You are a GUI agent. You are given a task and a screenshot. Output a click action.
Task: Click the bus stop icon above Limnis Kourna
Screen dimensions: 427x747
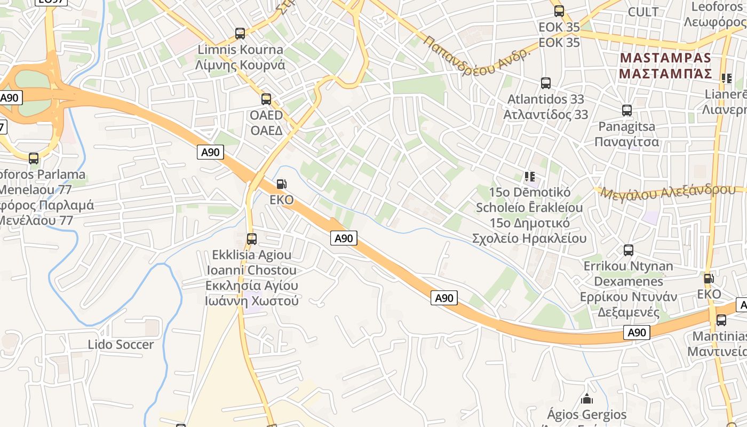click(x=240, y=34)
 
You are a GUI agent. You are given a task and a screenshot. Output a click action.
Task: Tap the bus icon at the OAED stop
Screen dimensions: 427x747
click(x=266, y=99)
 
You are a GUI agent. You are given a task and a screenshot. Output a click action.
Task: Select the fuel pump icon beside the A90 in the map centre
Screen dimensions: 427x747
click(x=281, y=185)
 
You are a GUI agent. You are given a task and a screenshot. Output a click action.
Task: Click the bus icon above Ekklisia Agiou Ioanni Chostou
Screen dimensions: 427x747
click(x=252, y=239)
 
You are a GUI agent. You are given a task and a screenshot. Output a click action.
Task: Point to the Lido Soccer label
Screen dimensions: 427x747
click(x=121, y=345)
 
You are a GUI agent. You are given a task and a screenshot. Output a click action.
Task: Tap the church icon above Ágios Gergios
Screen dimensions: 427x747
click(x=587, y=398)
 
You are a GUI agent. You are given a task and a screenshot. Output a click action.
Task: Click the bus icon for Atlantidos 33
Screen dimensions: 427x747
click(x=546, y=83)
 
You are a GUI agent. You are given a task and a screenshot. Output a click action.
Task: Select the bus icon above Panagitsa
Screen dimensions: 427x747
click(x=627, y=110)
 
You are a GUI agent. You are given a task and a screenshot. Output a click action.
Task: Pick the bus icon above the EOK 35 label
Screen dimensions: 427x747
click(x=559, y=11)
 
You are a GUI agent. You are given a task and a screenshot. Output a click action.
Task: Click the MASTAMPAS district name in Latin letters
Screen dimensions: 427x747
click(x=665, y=58)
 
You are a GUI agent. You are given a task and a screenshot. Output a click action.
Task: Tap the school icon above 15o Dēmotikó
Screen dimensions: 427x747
click(x=530, y=176)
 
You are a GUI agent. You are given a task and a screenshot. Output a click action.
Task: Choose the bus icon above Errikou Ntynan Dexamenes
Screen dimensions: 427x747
click(x=629, y=250)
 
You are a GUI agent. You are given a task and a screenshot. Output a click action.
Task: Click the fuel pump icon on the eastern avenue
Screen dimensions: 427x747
click(x=709, y=278)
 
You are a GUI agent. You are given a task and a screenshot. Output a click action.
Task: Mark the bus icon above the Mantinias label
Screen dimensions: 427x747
click(x=721, y=320)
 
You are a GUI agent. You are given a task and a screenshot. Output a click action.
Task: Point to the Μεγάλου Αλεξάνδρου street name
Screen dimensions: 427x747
click(x=667, y=192)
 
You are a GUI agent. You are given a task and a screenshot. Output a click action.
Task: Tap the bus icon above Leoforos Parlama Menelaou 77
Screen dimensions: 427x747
click(x=34, y=158)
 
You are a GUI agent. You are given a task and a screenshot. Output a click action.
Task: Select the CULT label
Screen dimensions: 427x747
click(x=643, y=12)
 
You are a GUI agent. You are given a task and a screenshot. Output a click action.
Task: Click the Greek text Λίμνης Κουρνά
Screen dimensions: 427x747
click(x=240, y=65)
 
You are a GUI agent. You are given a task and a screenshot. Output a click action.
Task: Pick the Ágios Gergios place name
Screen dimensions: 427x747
click(x=587, y=414)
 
